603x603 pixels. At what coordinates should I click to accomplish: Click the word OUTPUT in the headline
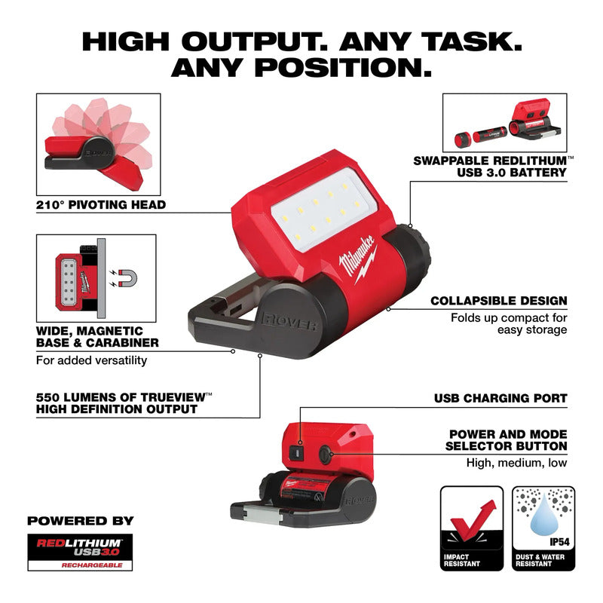click(255, 41)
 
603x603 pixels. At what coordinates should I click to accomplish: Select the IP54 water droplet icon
click(543, 515)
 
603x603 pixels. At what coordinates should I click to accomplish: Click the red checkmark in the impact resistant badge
click(473, 520)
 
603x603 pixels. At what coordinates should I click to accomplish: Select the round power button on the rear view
click(325, 455)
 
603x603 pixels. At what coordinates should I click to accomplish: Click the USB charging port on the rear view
click(296, 454)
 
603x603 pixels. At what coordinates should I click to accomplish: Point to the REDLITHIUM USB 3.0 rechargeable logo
click(80, 552)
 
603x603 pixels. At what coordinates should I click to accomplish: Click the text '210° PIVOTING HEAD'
click(101, 204)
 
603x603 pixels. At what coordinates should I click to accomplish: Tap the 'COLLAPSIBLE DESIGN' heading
click(499, 301)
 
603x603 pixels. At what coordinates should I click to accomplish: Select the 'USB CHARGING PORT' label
click(500, 398)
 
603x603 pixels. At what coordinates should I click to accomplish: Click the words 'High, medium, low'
click(516, 463)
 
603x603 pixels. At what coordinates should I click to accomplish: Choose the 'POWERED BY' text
click(81, 521)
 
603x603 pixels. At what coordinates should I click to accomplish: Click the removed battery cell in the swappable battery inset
click(490, 136)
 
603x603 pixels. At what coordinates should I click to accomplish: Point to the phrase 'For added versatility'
click(91, 360)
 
